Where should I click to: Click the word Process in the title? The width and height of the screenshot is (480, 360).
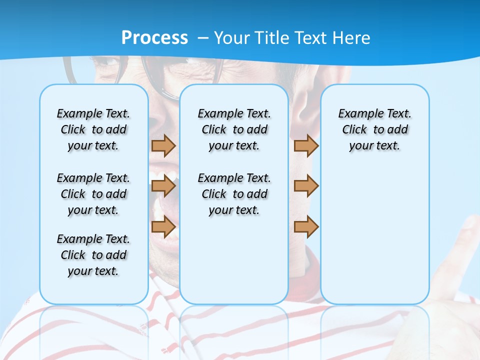click(x=154, y=37)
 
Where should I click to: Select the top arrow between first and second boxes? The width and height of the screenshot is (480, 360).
click(x=163, y=145)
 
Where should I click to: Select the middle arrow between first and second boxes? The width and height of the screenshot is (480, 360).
click(x=163, y=186)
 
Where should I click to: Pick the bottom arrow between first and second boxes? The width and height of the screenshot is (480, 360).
click(x=163, y=227)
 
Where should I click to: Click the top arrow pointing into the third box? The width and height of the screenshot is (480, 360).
click(x=306, y=145)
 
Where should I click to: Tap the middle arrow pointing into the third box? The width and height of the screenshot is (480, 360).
click(x=306, y=186)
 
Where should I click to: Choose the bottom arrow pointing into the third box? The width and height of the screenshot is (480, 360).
click(x=306, y=227)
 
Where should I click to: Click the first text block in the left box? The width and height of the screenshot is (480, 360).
click(x=93, y=129)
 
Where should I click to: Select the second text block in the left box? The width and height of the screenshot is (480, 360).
click(x=93, y=194)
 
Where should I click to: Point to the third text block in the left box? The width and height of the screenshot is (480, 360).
click(x=93, y=255)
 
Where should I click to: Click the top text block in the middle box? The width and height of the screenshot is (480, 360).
click(x=234, y=129)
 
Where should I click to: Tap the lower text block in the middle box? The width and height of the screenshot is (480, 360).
click(x=234, y=194)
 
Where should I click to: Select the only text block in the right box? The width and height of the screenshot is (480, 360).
click(x=374, y=129)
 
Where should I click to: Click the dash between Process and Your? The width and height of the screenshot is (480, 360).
click(x=202, y=38)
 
